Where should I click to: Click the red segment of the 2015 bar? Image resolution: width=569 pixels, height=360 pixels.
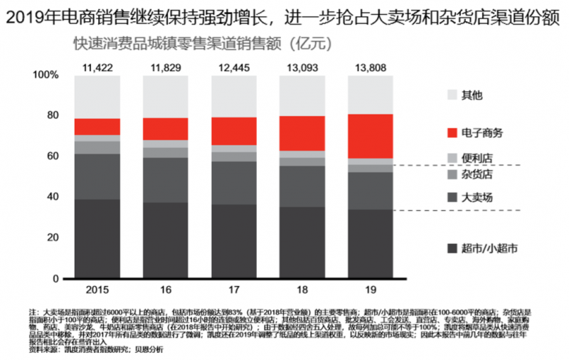(97, 127)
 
